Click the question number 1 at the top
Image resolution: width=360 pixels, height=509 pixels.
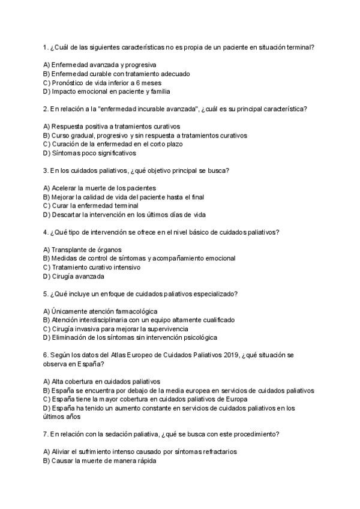click(46, 47)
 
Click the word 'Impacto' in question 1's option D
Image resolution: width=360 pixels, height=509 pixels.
click(65, 92)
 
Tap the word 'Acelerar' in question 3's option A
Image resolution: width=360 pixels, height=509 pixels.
click(65, 188)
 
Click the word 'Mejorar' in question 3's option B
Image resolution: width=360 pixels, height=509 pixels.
click(64, 197)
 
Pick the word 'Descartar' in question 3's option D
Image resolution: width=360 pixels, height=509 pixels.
click(67, 214)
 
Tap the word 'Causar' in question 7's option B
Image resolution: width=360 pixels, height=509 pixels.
click(64, 460)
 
